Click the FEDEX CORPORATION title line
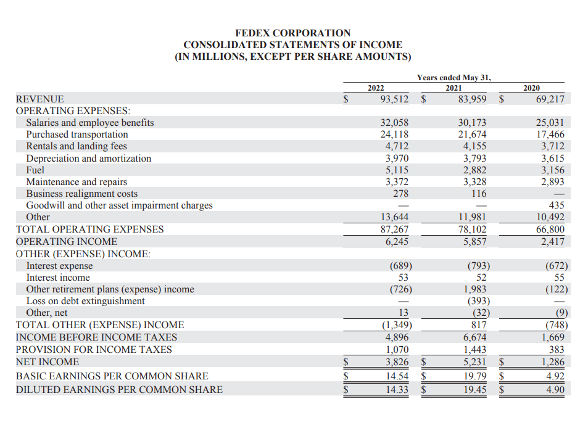(x=293, y=33)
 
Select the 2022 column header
(x=376, y=88)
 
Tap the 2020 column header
(x=531, y=88)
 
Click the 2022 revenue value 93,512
(x=392, y=99)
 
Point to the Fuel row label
(x=35, y=170)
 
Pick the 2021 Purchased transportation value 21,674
(x=472, y=134)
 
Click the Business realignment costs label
(x=81, y=194)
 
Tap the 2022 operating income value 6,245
(x=396, y=242)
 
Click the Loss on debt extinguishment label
(x=85, y=301)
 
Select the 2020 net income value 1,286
(x=552, y=362)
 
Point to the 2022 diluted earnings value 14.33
(x=396, y=389)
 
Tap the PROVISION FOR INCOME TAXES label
(x=94, y=350)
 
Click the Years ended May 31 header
(x=453, y=77)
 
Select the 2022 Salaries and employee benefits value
(x=394, y=123)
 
